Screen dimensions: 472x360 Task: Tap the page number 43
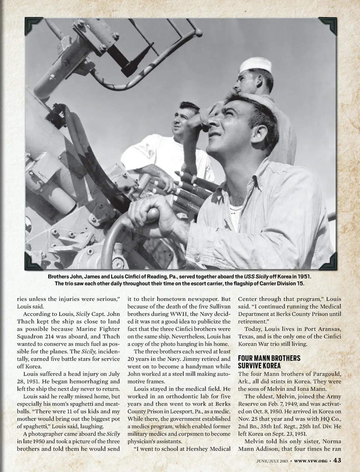[x=337, y=460]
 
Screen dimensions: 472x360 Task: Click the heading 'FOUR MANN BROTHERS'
[x=269, y=358]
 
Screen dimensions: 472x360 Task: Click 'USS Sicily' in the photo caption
[x=256, y=276]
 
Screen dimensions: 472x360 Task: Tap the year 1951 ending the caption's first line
[x=303, y=276]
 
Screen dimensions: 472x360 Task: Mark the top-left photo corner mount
[x=33, y=26]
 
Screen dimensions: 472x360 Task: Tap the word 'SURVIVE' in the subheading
[x=250, y=365]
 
